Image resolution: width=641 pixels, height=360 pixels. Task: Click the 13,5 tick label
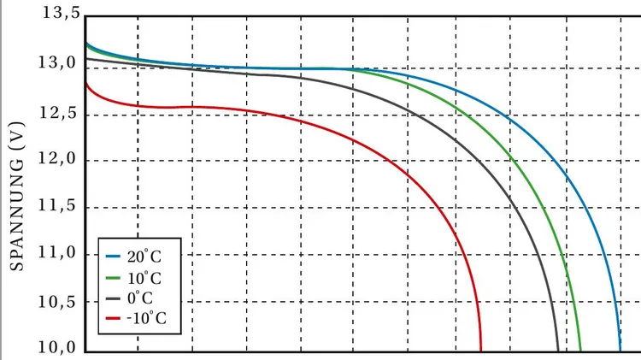pos(59,15)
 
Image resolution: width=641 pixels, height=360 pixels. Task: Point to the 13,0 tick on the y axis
pos(59,63)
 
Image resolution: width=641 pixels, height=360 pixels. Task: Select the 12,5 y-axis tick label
pos(59,112)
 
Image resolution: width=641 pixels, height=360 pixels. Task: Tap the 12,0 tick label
pos(59,159)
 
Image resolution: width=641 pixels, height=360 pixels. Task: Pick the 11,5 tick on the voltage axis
pos(59,206)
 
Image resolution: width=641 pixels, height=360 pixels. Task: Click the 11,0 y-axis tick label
pos(59,254)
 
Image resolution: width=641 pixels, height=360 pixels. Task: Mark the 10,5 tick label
pos(59,302)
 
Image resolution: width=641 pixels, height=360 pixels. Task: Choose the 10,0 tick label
pos(59,349)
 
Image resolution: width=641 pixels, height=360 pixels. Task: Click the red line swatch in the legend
pos(114,318)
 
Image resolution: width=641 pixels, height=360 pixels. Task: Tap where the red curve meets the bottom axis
pos(481,350)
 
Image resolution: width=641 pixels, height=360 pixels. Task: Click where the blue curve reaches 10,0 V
pos(620,350)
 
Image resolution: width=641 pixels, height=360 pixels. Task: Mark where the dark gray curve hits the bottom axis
pos(557,350)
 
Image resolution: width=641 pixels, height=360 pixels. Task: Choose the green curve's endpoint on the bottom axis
pos(579,350)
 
